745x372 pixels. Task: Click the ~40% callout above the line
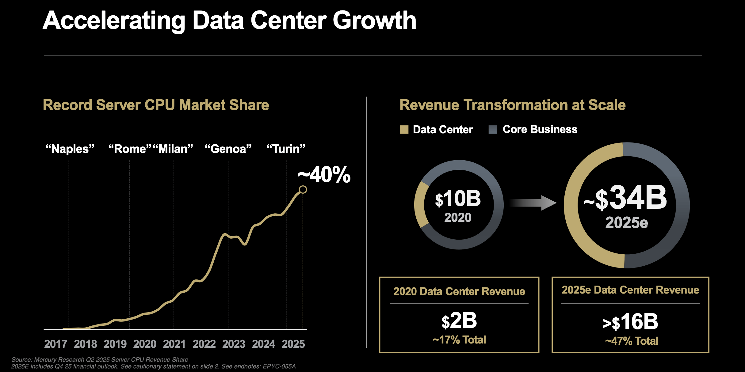(324, 175)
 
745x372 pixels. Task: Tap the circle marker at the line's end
(303, 190)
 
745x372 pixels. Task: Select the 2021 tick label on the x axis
(174, 344)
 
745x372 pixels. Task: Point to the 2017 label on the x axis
(55, 344)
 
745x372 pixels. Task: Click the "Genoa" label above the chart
(228, 149)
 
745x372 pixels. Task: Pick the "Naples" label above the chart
(70, 149)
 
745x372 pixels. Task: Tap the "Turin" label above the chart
(286, 149)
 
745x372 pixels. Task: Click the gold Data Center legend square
(404, 130)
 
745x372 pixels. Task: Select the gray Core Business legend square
(493, 130)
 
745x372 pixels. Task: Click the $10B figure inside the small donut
(458, 199)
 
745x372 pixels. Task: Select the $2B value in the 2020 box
(459, 321)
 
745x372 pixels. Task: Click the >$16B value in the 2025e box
(630, 322)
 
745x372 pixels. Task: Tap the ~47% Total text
(632, 341)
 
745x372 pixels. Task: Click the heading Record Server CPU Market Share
(156, 105)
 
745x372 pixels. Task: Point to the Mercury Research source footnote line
(100, 359)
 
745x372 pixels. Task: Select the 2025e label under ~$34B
(626, 223)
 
